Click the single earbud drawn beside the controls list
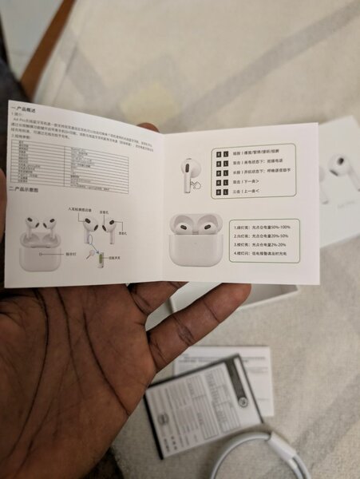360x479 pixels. coord(190,170)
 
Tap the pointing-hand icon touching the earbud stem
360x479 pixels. coord(196,185)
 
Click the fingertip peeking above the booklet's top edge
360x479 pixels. coord(148,126)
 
